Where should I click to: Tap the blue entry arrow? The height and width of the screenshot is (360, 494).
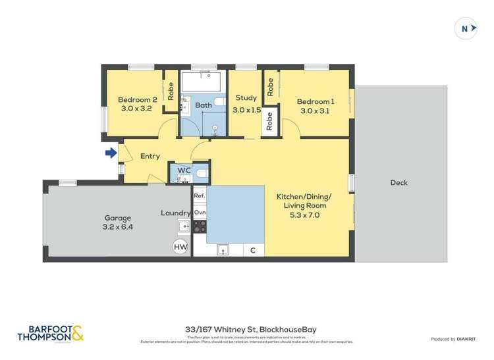point(111,154)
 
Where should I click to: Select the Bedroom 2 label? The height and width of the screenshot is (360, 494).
point(135,105)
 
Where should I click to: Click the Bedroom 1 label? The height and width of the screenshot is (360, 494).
point(316,106)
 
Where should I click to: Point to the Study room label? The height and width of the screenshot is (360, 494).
point(246,104)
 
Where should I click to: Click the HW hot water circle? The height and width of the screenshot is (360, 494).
point(180,247)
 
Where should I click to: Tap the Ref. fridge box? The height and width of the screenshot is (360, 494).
point(200,196)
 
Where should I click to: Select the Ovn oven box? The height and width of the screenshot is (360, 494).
point(200,213)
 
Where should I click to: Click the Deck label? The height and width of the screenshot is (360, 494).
point(398,183)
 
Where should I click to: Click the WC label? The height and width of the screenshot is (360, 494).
point(184,170)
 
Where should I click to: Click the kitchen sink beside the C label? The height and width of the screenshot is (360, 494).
point(223,249)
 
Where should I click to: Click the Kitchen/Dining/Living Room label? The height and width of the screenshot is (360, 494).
point(304,201)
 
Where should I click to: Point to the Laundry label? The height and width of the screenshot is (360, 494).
point(176,213)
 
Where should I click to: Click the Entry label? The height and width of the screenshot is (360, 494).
point(150,156)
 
